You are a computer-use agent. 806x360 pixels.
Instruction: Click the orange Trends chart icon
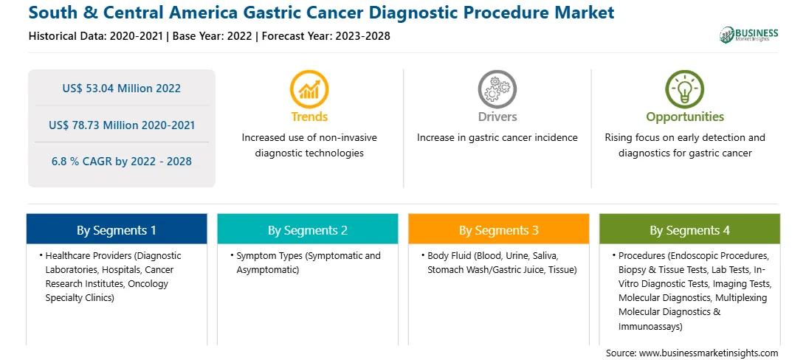tap(309, 89)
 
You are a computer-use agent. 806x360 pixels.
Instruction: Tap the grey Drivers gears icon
tap(497, 89)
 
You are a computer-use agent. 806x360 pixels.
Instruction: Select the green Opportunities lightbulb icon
tap(685, 89)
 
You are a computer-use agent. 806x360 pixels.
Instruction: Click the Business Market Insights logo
tap(748, 35)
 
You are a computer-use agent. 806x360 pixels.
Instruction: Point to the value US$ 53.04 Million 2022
tap(122, 89)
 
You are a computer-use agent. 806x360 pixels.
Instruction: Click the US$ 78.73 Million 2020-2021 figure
tap(122, 125)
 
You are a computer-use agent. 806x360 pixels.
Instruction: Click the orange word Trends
tap(309, 117)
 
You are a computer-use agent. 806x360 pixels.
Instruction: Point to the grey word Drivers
tap(497, 117)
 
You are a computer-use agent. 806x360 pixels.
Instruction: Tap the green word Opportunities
tap(685, 117)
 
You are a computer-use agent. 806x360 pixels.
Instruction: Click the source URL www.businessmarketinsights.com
tap(709, 353)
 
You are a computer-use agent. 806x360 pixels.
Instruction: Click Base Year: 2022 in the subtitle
tap(213, 36)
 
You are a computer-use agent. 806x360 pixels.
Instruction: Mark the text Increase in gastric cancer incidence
tap(497, 138)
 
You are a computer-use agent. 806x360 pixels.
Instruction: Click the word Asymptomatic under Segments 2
tap(266, 269)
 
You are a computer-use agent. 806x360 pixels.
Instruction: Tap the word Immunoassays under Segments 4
tap(650, 325)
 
